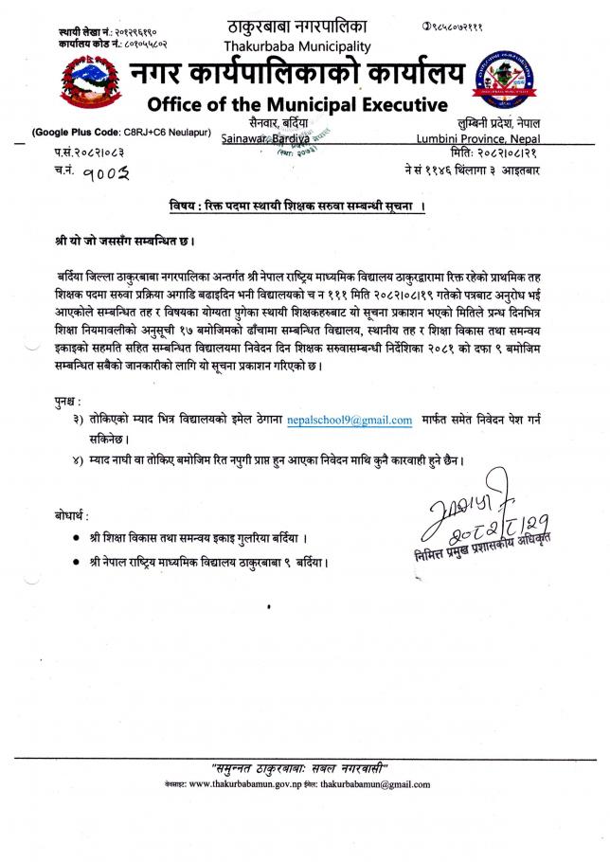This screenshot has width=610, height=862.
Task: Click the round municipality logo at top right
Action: coord(533,82)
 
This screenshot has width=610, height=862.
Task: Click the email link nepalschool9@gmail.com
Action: coord(350,420)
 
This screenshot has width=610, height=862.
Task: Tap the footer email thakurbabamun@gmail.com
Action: coord(374,784)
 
